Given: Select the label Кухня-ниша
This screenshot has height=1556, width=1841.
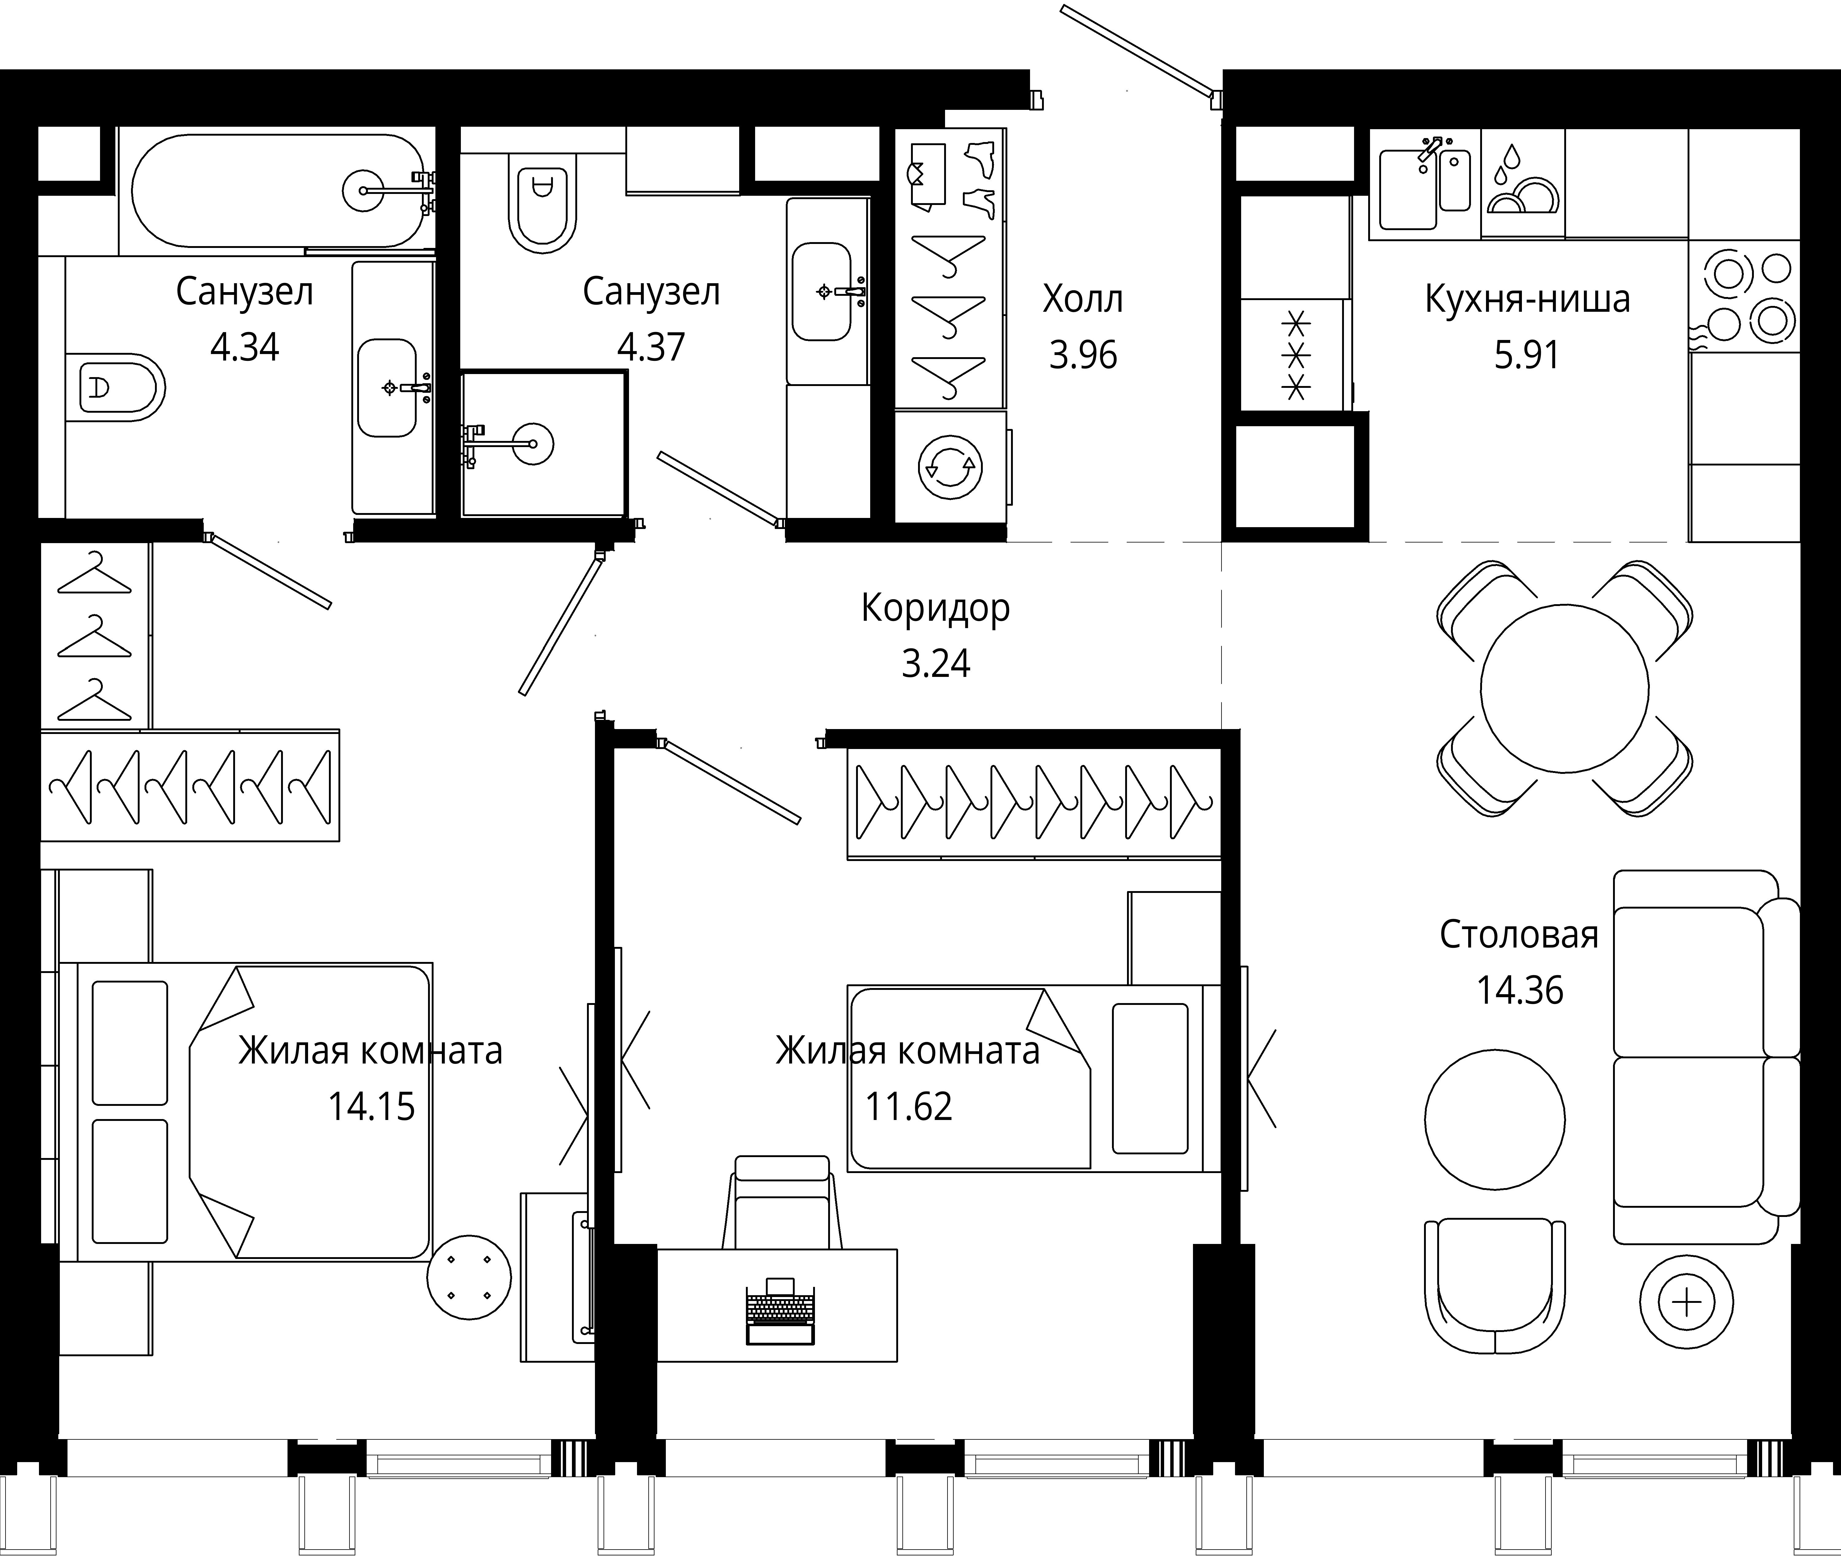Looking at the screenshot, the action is click(x=1527, y=300).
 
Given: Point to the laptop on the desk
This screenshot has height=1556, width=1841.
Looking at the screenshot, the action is click(x=781, y=1312).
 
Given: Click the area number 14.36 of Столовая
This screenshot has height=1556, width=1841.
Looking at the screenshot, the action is click(x=1520, y=990).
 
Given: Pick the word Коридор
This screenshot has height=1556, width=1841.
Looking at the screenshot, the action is click(x=935, y=609).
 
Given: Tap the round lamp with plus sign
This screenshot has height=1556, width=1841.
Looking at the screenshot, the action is click(x=1687, y=1302).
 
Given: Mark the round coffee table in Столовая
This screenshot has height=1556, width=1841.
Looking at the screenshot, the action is click(x=1494, y=1120).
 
